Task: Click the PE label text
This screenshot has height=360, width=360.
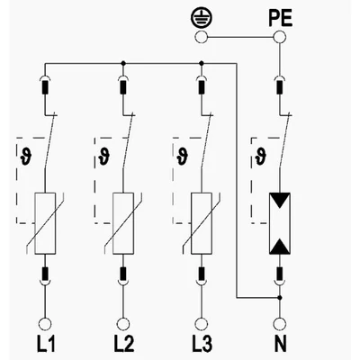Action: pyautogui.click(x=280, y=18)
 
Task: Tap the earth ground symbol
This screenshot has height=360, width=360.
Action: pyautogui.click(x=202, y=19)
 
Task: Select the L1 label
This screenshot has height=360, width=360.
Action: pyautogui.click(x=46, y=344)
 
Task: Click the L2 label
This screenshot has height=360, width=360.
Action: pyautogui.click(x=124, y=344)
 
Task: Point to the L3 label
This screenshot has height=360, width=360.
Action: pyautogui.click(x=202, y=344)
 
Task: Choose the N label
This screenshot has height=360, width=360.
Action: pyautogui.click(x=280, y=344)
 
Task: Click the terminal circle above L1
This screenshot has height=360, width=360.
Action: pyautogui.click(x=45, y=324)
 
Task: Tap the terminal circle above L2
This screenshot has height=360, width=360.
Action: pyautogui.click(x=123, y=324)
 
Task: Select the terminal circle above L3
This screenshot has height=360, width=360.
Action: pyautogui.click(x=201, y=324)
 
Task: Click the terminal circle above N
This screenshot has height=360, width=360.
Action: pyautogui.click(x=280, y=324)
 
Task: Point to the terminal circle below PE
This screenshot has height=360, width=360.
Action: pyautogui.click(x=280, y=38)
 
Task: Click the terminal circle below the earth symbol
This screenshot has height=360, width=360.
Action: pyautogui.click(x=201, y=38)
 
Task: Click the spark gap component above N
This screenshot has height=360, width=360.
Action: pyautogui.click(x=280, y=223)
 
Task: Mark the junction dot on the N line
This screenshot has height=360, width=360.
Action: pyautogui.click(x=280, y=298)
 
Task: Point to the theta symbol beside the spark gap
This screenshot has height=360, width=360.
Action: pyautogui.click(x=261, y=157)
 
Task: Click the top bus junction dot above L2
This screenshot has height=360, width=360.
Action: pyautogui.click(x=123, y=63)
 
